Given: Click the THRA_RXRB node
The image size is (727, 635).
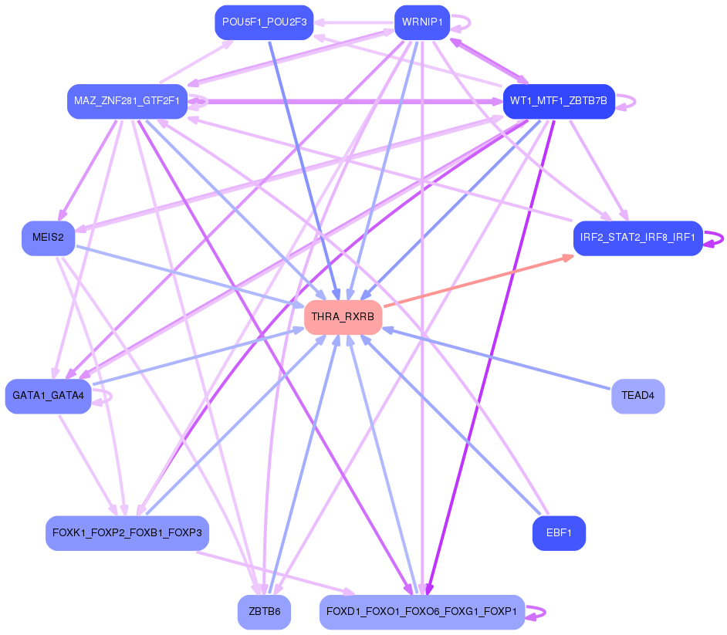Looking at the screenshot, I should click(343, 317).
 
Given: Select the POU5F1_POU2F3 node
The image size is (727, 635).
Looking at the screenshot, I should click(264, 22).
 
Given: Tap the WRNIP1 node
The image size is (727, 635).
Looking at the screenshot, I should click(421, 22).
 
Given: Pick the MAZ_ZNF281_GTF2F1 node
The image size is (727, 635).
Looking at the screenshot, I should click(127, 101).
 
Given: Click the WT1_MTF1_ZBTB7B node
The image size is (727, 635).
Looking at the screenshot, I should click(559, 101).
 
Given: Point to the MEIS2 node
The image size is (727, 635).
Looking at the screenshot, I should click(49, 238).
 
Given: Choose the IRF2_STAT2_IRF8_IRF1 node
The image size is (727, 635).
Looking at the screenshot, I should click(637, 238).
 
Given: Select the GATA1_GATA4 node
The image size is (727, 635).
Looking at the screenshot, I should click(49, 396).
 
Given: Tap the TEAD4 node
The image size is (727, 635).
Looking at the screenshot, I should click(637, 396).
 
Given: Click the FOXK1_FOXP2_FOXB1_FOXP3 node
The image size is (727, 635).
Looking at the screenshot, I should click(127, 533).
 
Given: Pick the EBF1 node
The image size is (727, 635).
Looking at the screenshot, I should click(559, 533).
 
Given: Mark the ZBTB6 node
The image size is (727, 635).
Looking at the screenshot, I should click(264, 612).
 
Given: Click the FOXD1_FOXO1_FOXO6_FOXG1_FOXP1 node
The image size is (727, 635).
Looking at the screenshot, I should click(421, 612).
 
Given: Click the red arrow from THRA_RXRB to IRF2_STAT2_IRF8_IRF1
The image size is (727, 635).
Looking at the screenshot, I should click(478, 281).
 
